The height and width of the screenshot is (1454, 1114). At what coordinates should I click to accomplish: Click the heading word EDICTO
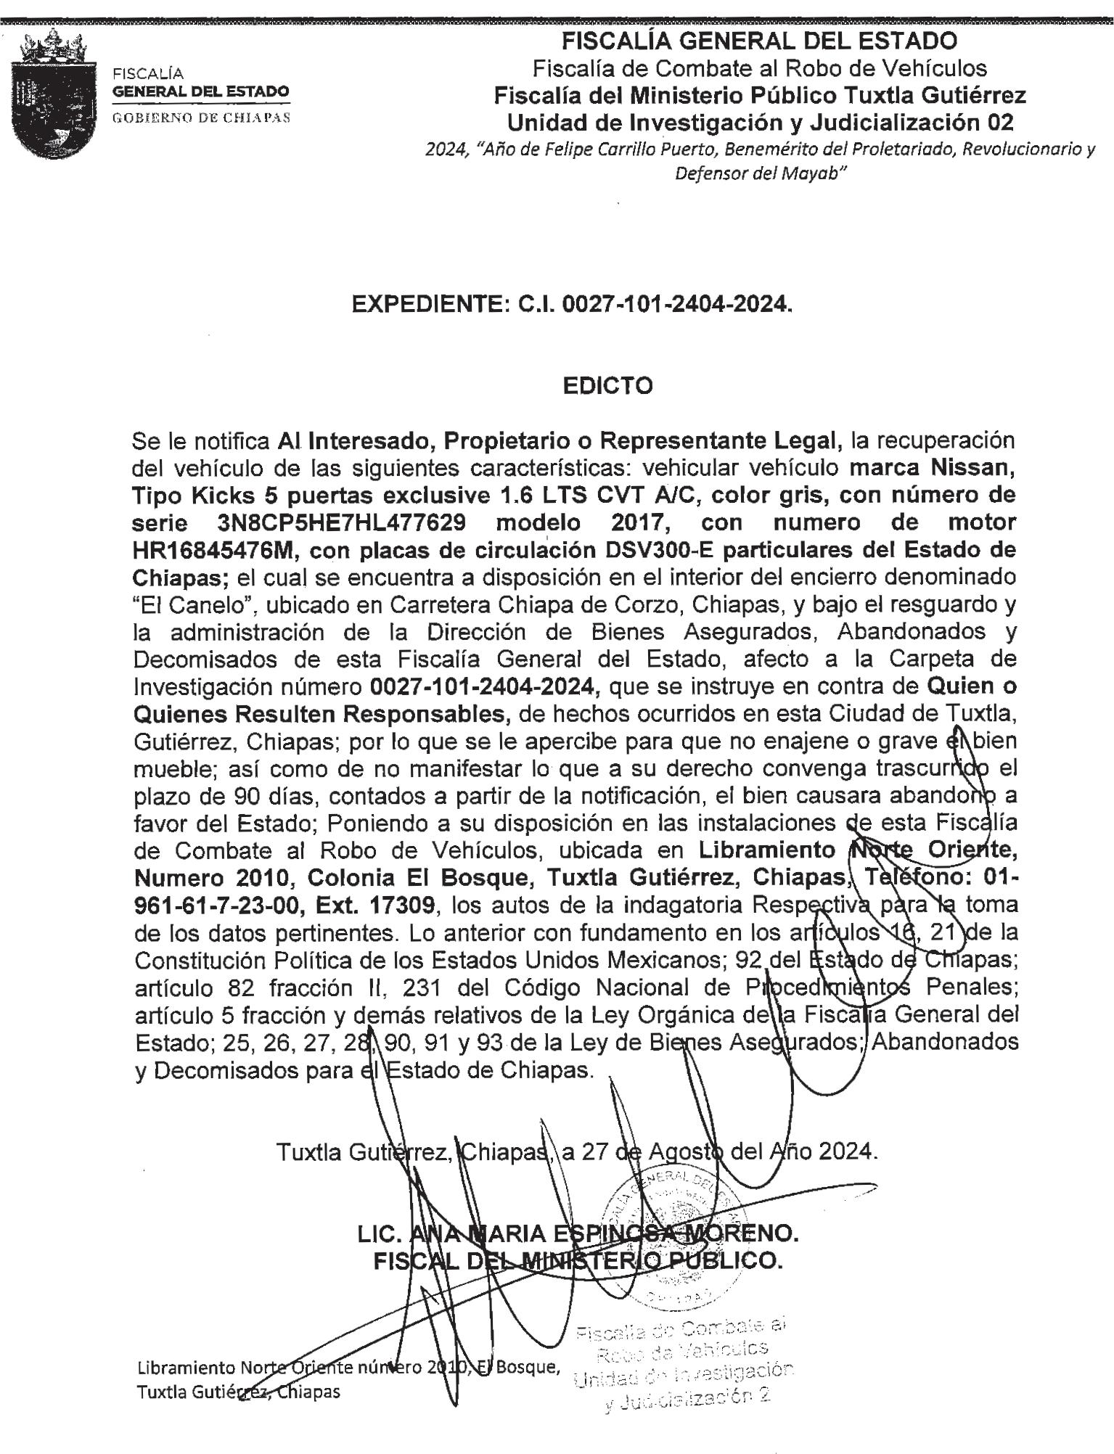coord(607,385)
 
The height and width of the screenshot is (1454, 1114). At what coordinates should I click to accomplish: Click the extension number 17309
coord(403,905)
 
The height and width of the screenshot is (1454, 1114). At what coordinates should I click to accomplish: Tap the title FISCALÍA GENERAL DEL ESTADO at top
coord(759,41)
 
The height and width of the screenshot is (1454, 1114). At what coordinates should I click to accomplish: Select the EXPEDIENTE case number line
coord(571,305)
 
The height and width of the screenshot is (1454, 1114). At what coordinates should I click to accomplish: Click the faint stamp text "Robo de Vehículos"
coord(682,1350)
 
